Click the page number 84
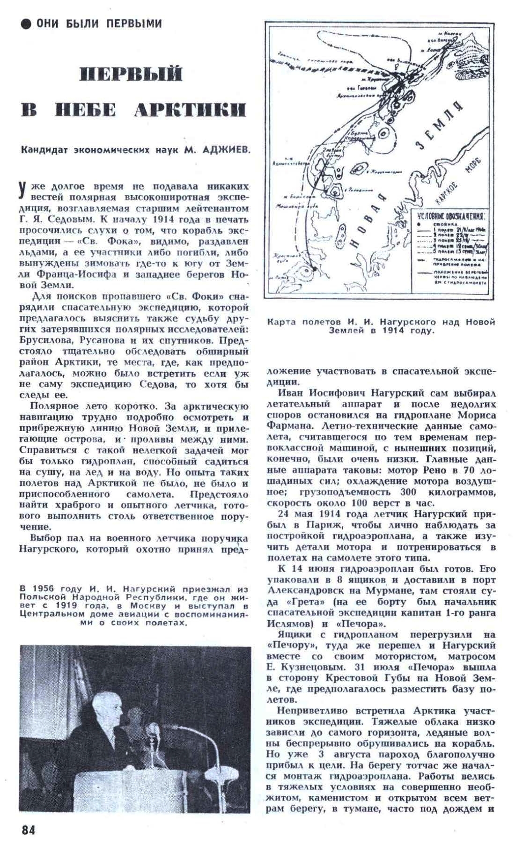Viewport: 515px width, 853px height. point(28,829)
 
